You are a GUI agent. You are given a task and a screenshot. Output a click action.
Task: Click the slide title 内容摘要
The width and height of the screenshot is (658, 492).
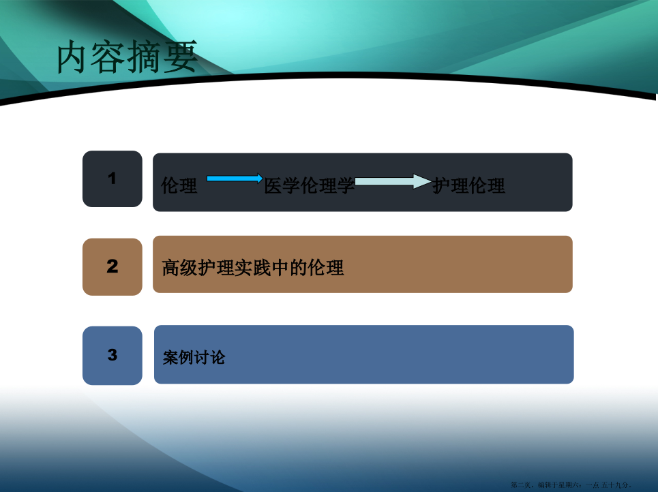127,57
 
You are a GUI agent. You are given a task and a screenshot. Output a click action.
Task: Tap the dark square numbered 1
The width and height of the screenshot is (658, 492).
113,179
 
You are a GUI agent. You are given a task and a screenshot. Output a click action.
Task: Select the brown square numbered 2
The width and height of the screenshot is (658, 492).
113,266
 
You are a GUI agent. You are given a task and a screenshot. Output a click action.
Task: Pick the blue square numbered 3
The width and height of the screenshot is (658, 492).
113,355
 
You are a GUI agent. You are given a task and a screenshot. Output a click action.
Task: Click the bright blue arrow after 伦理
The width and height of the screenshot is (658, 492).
235,179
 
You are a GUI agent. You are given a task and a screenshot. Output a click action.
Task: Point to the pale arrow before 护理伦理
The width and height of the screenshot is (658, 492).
393,181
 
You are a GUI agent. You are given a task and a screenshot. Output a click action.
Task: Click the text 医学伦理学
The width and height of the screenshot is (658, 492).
310,186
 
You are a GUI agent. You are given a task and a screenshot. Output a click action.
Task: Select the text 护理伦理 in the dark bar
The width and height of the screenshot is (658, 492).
468,185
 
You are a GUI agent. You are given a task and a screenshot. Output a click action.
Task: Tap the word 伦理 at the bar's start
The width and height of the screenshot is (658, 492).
179,185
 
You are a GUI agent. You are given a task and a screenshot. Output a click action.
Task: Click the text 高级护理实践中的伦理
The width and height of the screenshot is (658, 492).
253,268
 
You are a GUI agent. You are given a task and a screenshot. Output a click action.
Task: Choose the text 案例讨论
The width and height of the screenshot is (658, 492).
194,357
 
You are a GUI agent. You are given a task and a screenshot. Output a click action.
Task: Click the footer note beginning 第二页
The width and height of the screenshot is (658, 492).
571,485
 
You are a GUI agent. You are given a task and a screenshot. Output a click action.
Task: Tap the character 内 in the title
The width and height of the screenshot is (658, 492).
74,57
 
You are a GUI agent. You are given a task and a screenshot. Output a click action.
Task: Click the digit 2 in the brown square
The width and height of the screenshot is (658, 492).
113,266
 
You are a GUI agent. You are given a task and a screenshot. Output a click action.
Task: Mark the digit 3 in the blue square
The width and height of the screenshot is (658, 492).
113,355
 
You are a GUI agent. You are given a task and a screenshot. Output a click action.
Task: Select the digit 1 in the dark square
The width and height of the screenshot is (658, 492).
112,179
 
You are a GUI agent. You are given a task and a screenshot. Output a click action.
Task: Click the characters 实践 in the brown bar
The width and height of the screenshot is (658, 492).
253,268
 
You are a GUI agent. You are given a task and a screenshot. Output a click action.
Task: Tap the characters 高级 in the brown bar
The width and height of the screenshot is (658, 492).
180,268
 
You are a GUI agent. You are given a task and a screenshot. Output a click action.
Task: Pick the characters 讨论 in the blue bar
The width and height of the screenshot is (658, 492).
209,357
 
